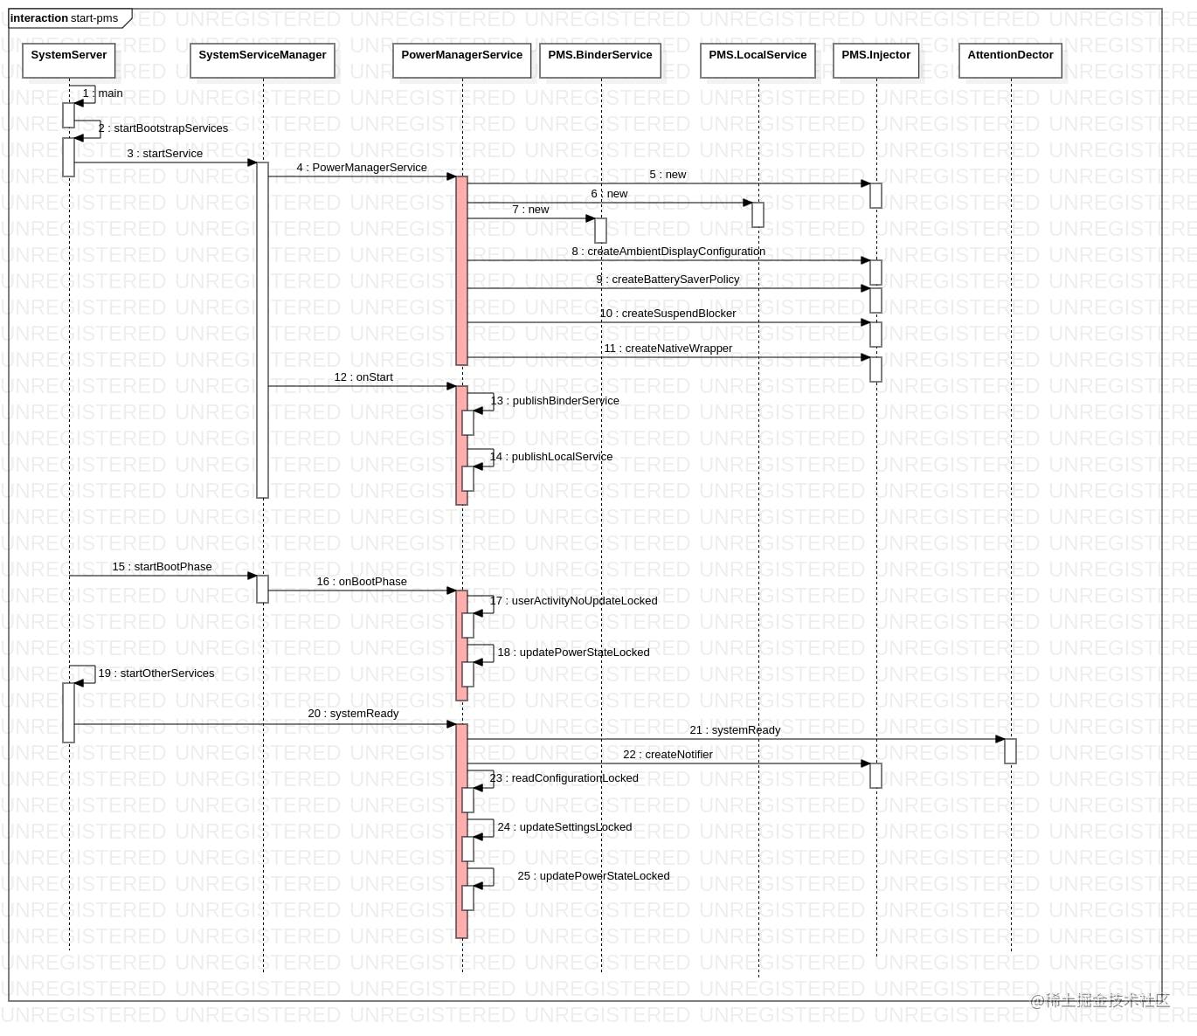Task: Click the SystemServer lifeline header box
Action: click(x=69, y=59)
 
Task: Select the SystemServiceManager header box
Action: click(x=262, y=59)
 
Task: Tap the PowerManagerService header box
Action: click(x=461, y=59)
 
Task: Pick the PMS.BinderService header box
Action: click(x=600, y=59)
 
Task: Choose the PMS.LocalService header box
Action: click(x=758, y=59)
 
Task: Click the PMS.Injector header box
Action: click(x=875, y=59)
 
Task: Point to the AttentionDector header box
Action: click(x=1010, y=59)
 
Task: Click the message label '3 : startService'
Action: click(x=164, y=154)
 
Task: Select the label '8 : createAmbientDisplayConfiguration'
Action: click(x=668, y=252)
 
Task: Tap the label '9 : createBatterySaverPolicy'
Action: click(x=668, y=280)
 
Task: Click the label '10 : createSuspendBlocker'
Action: click(x=668, y=314)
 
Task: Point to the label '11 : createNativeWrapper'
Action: click(x=668, y=349)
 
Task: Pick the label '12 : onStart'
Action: click(x=363, y=377)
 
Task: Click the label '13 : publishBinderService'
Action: click(x=555, y=401)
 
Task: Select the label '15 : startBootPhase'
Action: click(x=162, y=567)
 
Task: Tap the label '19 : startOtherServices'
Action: click(x=156, y=673)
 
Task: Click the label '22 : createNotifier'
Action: click(x=668, y=755)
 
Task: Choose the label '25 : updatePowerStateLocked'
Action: click(x=593, y=876)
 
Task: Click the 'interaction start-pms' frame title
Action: click(x=65, y=18)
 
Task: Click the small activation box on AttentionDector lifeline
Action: click(x=1010, y=751)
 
